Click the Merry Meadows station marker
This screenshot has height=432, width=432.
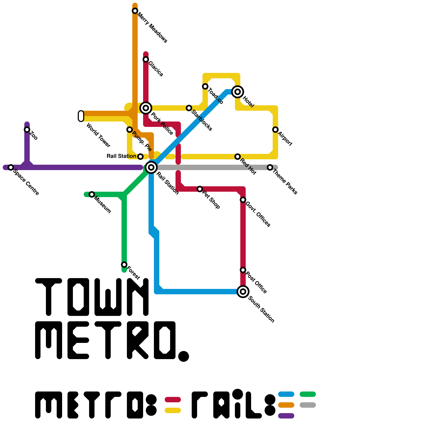135,11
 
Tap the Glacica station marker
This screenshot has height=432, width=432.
146,59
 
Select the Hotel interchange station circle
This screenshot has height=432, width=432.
238,92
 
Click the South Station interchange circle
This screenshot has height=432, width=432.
243,292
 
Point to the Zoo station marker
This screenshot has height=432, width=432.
27,130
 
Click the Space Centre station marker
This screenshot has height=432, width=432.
11,167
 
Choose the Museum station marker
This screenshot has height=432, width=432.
92,194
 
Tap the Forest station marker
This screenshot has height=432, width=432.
124,265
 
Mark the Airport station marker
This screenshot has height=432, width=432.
275,130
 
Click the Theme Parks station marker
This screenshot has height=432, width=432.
270,167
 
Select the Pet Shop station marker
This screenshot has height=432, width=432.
200,189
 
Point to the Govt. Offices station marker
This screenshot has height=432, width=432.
243,200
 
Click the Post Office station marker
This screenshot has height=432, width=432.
243,270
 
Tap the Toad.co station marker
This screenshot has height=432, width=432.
205,86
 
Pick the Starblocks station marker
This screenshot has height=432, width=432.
189,108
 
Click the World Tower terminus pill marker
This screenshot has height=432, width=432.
81,116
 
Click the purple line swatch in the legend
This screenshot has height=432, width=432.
286,416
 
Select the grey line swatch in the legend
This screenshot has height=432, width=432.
308,405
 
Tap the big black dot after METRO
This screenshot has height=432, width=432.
184,356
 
